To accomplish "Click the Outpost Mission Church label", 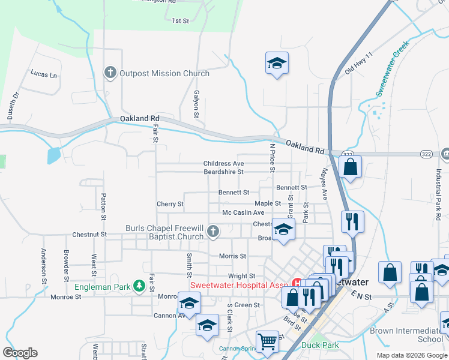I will pos(164,73).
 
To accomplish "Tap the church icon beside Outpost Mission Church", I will pos(110,73).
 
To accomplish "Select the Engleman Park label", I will pos(102,287).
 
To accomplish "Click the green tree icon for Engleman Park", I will pos(139,286).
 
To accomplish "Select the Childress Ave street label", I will pos(223,163).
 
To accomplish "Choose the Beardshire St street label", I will pos(223,172).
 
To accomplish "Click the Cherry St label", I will pos(170,204).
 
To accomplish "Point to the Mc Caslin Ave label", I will pos(243,212).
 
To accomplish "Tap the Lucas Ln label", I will pos(44,74).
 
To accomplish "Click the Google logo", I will pos(20,353).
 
